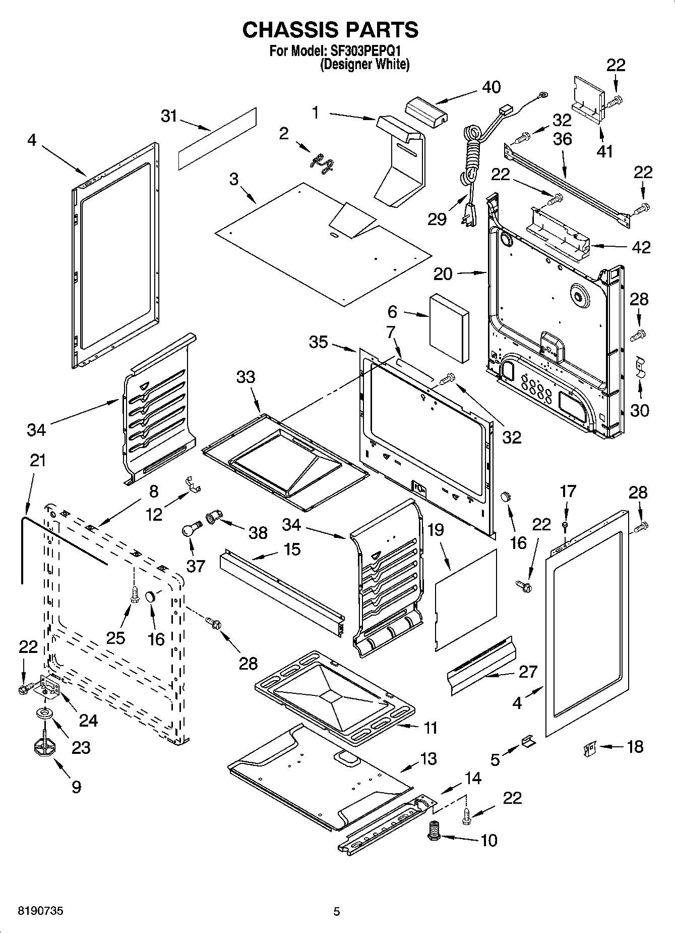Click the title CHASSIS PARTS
[330, 30]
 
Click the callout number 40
[491, 87]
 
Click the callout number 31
[169, 116]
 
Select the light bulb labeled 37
[190, 530]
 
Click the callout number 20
[443, 274]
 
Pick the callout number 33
[246, 377]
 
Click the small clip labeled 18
[589, 747]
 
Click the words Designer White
[365, 65]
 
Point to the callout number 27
[528, 672]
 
